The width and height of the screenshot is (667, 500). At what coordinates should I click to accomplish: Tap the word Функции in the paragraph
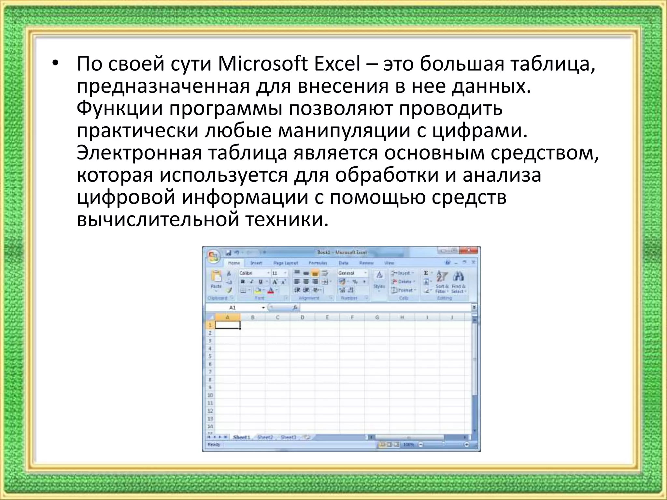pos(120,108)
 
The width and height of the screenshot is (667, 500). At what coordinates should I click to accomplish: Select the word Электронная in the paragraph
pos(139,153)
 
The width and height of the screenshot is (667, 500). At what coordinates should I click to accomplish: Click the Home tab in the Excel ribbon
pos(234,263)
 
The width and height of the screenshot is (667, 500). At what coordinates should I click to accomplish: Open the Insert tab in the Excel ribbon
pos(256,263)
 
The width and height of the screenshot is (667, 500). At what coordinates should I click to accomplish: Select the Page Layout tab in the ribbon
pos(286,263)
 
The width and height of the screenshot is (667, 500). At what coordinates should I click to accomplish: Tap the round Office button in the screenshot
pos(213,256)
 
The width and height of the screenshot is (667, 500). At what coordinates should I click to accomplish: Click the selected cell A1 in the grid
pos(228,325)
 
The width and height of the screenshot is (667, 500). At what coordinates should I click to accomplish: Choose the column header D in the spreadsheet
pos(302,317)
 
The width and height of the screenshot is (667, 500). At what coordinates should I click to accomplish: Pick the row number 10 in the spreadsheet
pos(210,395)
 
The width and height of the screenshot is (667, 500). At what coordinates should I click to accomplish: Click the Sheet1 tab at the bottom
pos(241,437)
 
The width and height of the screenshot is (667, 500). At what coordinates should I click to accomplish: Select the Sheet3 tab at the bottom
pos(288,437)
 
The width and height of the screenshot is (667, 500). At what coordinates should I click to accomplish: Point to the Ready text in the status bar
pos(214,445)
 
